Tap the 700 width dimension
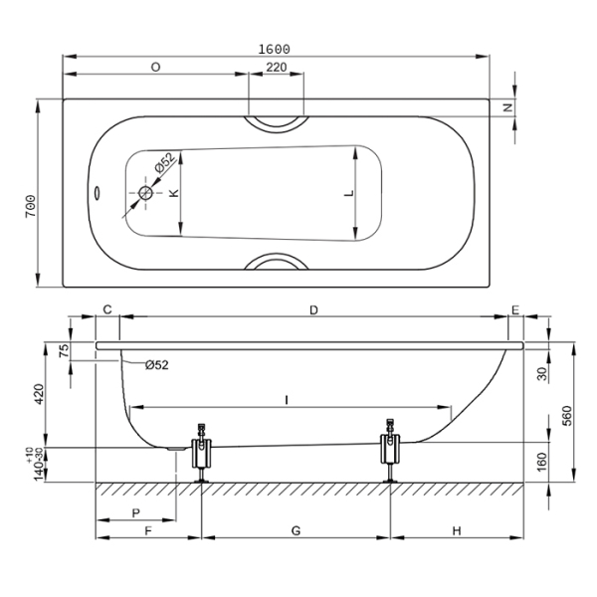33,207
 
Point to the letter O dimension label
156,68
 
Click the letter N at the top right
507,106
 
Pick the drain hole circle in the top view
146,193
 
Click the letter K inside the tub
173,193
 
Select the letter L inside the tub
347,194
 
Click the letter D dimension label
313,310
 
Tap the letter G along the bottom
296,530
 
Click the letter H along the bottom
457,530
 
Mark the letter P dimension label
135,512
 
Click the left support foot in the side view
202,454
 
